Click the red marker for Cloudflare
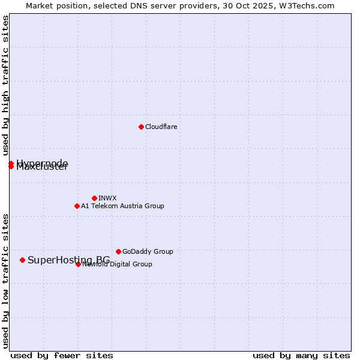141,127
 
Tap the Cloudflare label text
161,127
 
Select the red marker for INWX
94,198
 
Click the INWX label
107,198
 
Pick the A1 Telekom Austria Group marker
77,206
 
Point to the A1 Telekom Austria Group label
122,206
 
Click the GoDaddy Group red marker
118,251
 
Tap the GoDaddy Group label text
148,251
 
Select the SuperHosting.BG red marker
22,260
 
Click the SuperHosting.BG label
68,260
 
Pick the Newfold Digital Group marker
78,264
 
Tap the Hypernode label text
42,163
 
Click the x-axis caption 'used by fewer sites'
62,355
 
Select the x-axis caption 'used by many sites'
301,355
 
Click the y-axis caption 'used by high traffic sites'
5,86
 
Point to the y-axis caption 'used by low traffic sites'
5,280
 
